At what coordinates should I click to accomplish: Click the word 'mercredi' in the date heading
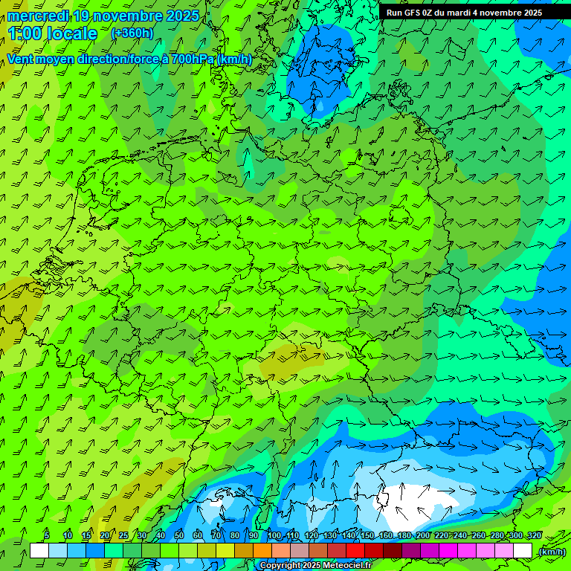pos(39,16)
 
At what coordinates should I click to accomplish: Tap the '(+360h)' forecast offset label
pos(132,33)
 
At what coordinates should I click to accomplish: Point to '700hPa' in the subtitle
pos(191,59)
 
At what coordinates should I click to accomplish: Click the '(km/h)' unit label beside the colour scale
pos(552,552)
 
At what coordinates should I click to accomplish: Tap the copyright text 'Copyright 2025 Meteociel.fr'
pos(316,566)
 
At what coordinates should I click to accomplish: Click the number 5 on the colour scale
pos(47,535)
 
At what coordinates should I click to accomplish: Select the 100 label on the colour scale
pos(274,535)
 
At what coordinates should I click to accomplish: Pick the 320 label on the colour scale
pos(535,535)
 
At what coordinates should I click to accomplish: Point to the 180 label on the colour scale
pos(404,535)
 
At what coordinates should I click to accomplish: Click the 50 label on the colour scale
pos(179,535)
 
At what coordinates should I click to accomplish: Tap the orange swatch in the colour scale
pos(262,551)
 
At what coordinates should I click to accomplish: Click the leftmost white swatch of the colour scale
pos(39,551)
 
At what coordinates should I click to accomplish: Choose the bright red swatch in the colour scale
pos(355,551)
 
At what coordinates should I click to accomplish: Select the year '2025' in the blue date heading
pos(182,16)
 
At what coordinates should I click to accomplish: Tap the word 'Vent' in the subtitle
pos(21,59)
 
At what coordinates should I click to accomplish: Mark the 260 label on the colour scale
pos(478,535)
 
